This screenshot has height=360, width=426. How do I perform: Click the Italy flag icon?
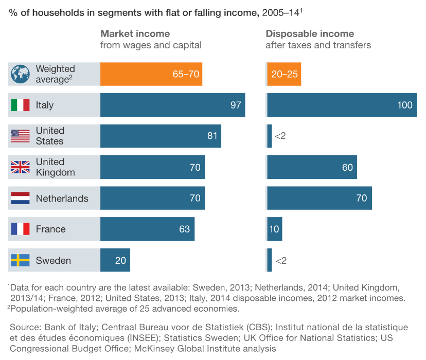point(20,105)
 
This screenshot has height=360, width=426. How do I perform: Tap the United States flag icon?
point(20,136)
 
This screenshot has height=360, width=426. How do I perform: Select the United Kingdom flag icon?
point(20,167)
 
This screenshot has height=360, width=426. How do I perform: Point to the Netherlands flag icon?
point(20,199)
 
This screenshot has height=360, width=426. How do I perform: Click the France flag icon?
point(20,229)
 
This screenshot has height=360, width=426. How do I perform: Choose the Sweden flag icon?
point(20,261)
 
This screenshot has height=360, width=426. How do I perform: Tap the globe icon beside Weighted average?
point(20,74)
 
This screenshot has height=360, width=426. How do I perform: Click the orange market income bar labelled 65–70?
point(151,74)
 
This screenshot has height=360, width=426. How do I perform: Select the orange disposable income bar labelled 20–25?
point(284,74)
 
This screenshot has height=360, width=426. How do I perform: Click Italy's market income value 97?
point(236,105)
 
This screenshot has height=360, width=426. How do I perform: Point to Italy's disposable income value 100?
point(405,105)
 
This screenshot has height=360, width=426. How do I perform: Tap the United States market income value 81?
point(212,136)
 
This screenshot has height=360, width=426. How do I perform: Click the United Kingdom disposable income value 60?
point(347,168)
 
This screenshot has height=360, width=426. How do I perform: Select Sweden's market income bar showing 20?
point(115,261)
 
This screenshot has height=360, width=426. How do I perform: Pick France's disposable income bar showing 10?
point(274,229)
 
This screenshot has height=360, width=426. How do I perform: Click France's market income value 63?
point(185,229)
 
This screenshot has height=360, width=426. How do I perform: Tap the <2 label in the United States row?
point(280,136)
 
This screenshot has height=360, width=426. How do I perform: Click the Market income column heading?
point(135,34)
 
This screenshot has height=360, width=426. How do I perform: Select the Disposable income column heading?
point(310,34)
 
